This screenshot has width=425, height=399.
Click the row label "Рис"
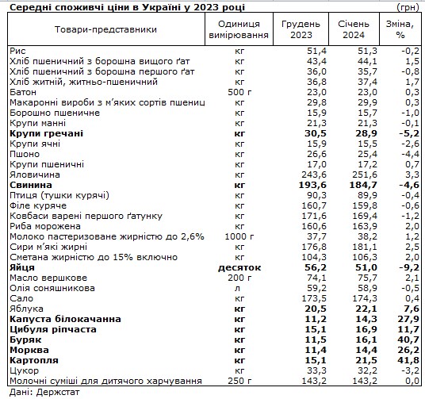pyautogui.click(x=17, y=50)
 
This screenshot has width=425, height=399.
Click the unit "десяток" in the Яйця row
pyautogui.click(x=241, y=268)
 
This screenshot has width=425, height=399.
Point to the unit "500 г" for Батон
pyautogui.click(x=241, y=91)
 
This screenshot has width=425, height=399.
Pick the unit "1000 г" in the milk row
pyautogui.click(x=241, y=236)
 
